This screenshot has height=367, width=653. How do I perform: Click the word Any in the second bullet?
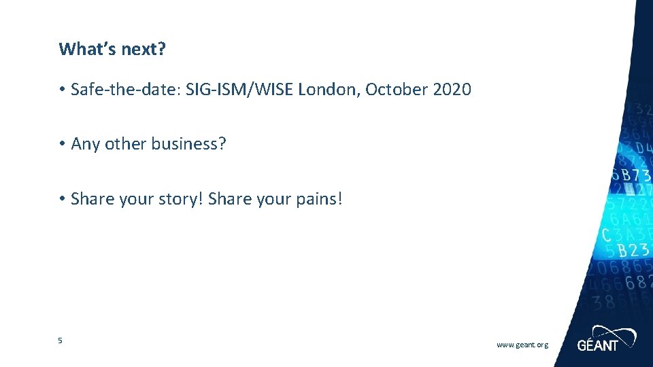pyautogui.click(x=85, y=145)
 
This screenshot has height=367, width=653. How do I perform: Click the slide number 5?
pyautogui.click(x=60, y=340)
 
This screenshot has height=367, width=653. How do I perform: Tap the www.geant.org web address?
pyautogui.click(x=522, y=345)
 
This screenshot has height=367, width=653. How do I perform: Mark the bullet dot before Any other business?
pyautogui.click(x=61, y=145)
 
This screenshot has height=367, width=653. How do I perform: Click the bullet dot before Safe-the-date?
pyautogui.click(x=61, y=90)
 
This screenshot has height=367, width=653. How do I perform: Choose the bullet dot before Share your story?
pyautogui.click(x=61, y=200)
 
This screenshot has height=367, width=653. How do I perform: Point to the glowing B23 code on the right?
pyautogui.click(x=633, y=250)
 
